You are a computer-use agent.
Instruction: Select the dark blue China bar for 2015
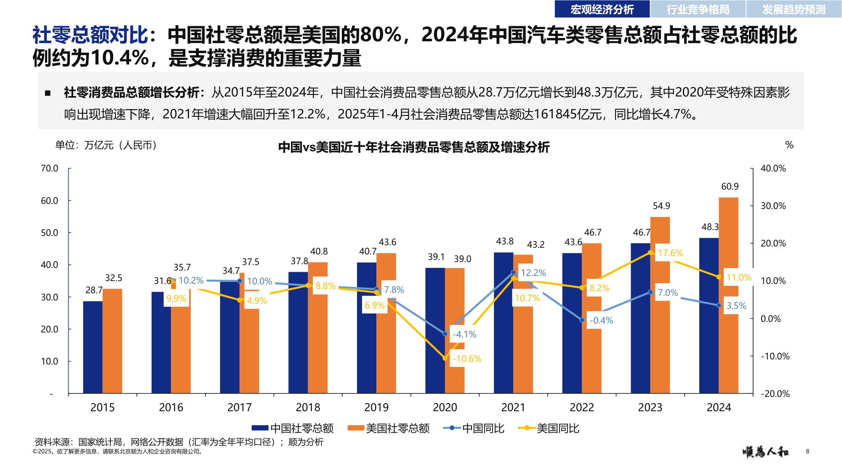(93, 348)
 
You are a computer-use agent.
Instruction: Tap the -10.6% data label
(466, 359)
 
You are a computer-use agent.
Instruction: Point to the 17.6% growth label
(670, 253)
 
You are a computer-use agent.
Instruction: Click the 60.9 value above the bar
(730, 187)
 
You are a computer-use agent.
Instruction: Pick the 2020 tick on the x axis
(445, 407)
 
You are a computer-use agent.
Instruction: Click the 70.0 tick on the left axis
(49, 169)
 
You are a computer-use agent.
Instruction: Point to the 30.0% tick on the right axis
(773, 206)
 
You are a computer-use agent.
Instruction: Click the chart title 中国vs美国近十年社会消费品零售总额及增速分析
(414, 147)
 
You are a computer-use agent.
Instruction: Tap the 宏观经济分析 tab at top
(602, 9)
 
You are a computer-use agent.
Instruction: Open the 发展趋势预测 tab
(794, 9)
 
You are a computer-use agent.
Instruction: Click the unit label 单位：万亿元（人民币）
(106, 145)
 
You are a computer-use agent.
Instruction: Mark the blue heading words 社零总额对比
(90, 35)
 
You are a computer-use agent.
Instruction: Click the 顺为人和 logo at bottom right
(765, 452)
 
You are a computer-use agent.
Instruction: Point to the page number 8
(807, 451)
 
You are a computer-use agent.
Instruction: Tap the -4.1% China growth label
(464, 335)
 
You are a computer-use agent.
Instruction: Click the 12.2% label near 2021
(533, 273)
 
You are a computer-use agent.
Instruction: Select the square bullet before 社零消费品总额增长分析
(48, 93)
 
